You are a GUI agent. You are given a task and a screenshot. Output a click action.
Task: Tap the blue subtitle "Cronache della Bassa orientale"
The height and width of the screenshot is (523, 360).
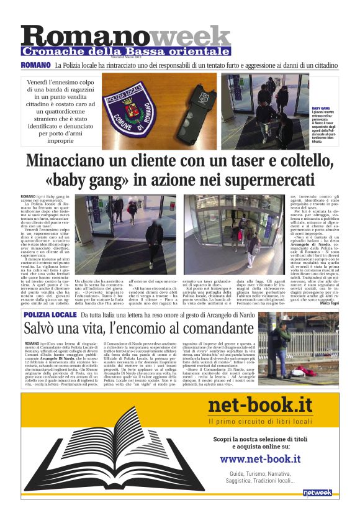click(126, 52)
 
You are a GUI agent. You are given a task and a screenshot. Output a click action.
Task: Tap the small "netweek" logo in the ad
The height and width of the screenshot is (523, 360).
click(317, 493)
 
